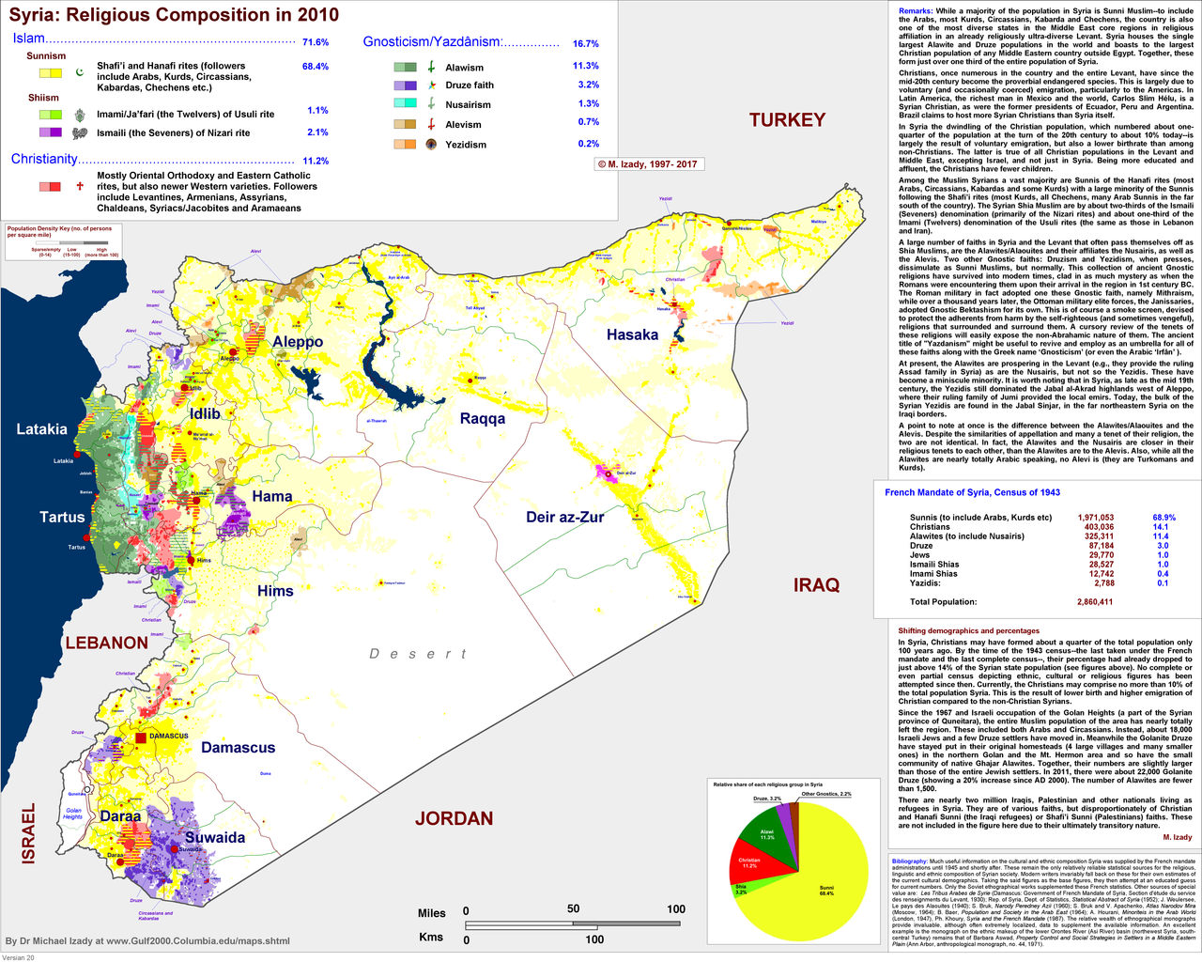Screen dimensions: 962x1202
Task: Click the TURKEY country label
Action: pyautogui.click(x=787, y=120)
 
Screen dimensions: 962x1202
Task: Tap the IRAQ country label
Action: pyautogui.click(x=816, y=585)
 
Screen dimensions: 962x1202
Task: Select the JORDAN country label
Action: pyautogui.click(x=454, y=818)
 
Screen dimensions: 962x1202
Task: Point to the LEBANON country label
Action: pyautogui.click(x=106, y=644)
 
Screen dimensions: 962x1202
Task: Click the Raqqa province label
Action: pyautogui.click(x=482, y=418)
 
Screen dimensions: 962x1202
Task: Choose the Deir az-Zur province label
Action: pyautogui.click(x=564, y=517)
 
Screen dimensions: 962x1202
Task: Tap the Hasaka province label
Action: pyautogui.click(x=632, y=334)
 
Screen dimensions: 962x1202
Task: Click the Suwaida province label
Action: pyautogui.click(x=214, y=837)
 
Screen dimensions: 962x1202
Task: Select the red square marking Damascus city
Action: pyautogui.click(x=141, y=737)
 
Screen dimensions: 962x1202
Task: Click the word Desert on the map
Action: pyautogui.click(x=417, y=654)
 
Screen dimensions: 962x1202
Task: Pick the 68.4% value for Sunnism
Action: pyautogui.click(x=315, y=67)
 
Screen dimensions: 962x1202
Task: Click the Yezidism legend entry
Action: pyautogui.click(x=466, y=145)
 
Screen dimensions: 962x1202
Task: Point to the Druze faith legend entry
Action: pyautogui.click(x=470, y=85)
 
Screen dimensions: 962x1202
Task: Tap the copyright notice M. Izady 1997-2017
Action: pyautogui.click(x=648, y=164)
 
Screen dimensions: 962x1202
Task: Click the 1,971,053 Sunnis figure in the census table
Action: pyautogui.click(x=1096, y=518)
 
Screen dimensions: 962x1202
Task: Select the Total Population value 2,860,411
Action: pyautogui.click(x=1095, y=602)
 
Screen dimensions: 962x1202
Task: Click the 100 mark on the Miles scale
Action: pyautogui.click(x=676, y=909)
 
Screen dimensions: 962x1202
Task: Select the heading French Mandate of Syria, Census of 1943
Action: pyautogui.click(x=972, y=492)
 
